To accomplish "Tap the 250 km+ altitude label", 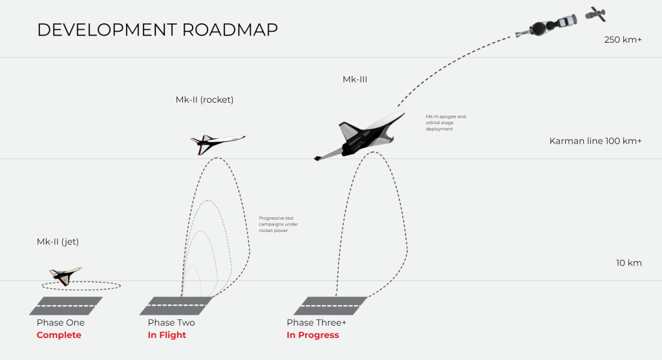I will [x=623, y=40].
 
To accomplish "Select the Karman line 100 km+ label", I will [x=595, y=141].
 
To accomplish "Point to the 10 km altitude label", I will [x=628, y=263].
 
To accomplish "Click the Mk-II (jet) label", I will [x=58, y=242].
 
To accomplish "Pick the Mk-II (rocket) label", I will [x=204, y=100].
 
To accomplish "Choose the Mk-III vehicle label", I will [x=355, y=79].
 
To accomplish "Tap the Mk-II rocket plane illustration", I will [x=217, y=143].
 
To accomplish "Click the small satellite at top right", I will [x=595, y=13].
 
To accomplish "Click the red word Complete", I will [x=59, y=335].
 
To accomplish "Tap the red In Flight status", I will [x=167, y=335].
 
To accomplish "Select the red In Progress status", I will [x=313, y=335].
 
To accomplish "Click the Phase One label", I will [x=61, y=323].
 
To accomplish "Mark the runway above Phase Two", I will [x=176, y=306].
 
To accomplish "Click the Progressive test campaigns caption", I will [x=278, y=224].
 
